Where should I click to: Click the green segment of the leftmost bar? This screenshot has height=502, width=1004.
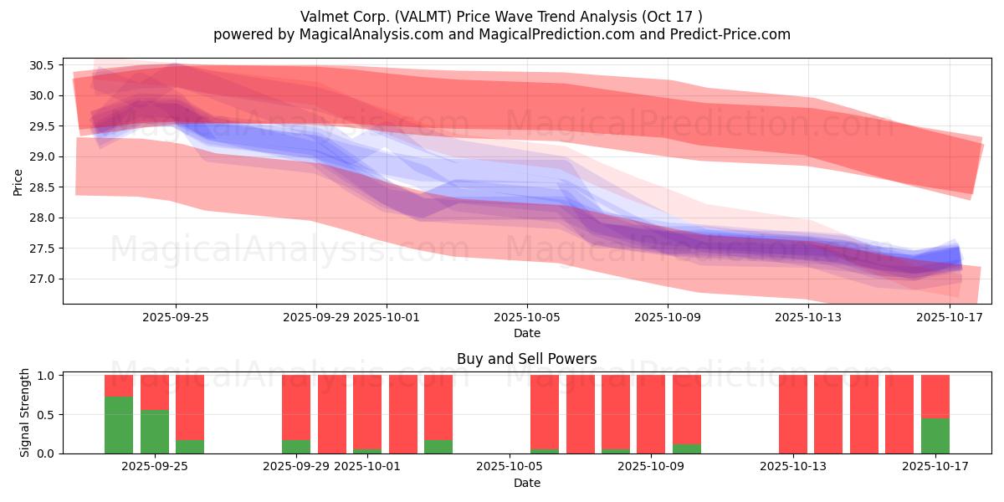point(119,425)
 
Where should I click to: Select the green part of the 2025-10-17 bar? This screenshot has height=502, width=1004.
point(935,436)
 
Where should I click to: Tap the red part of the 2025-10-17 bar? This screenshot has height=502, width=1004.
point(935,397)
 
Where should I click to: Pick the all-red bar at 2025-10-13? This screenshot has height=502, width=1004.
point(793,414)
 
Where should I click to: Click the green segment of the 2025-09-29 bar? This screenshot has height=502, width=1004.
point(296,447)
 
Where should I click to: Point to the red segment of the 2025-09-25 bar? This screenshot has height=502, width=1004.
point(190,407)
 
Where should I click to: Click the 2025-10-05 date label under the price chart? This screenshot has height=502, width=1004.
point(526,317)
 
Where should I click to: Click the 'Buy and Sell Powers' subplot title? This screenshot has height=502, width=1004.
point(526,359)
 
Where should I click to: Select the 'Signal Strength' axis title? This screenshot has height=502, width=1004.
point(25,412)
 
